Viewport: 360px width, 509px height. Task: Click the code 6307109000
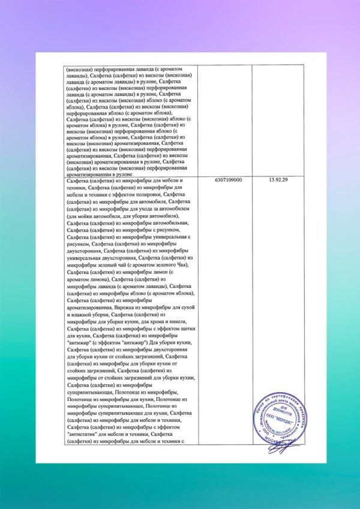pyautogui.click(x=228, y=180)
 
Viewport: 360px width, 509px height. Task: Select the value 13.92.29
pyautogui.click(x=280, y=180)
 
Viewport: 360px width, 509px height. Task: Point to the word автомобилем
pyautogui.click(x=175, y=209)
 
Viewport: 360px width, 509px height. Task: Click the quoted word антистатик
pyautogui.click(x=85, y=434)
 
